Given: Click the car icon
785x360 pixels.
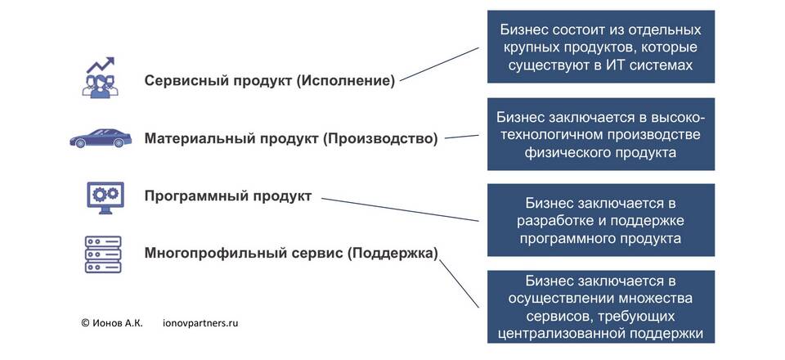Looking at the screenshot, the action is tap(100, 138).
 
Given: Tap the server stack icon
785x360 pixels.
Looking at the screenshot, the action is tap(103, 254).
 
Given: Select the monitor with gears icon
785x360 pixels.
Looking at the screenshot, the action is tap(105, 198).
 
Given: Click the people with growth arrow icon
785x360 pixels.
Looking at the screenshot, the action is tap(101, 77).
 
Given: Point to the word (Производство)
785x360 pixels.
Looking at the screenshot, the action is tap(380, 139).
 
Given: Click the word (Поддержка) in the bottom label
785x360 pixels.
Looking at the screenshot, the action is tap(392, 254).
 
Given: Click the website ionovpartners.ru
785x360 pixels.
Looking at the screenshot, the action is tap(201, 323).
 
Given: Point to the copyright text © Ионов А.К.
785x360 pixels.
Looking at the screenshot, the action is tap(112, 323).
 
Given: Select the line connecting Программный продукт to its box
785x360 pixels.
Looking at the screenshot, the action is tap(400, 209).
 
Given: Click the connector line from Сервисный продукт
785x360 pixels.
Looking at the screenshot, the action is tap(440, 64).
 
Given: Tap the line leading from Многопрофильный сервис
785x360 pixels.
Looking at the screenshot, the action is tap(459, 283).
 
